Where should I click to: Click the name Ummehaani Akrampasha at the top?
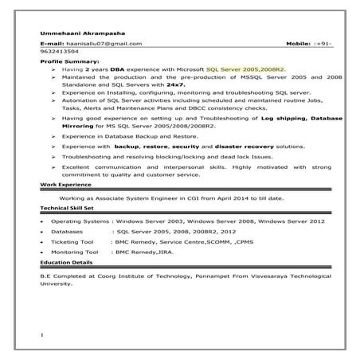(x=71, y=31)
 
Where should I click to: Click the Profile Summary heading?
(x=69, y=60)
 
